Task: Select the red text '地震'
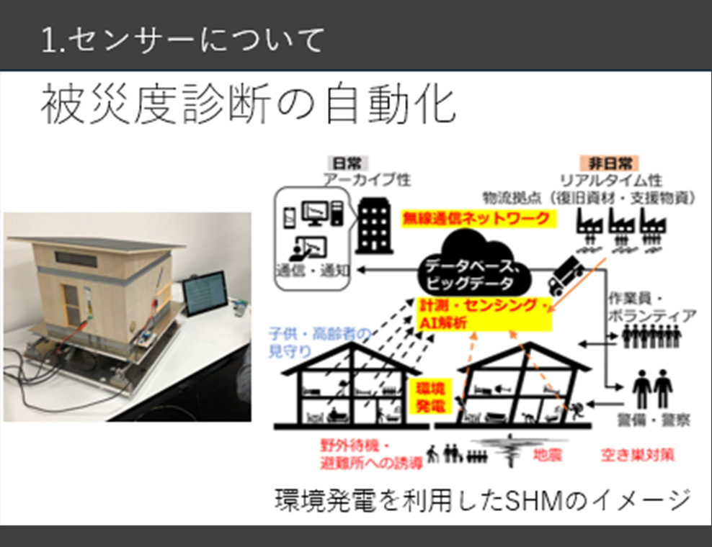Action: point(548,455)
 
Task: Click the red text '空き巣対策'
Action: point(638,455)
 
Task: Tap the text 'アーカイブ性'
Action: point(367,180)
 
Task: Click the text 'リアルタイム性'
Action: point(611,180)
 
